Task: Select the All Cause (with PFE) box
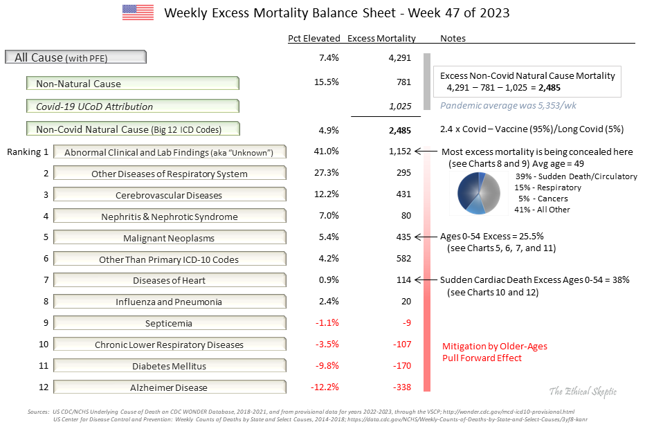(75, 57)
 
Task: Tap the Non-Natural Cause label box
(133, 84)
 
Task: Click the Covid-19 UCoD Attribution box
(133, 107)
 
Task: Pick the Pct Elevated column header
(314, 39)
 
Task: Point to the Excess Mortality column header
(381, 39)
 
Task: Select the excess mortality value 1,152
(400, 152)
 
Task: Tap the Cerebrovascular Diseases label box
(170, 195)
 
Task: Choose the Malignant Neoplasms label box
(170, 238)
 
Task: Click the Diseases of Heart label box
(170, 281)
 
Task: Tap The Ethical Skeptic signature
(582, 392)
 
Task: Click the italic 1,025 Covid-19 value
(400, 107)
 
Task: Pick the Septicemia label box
(170, 323)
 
